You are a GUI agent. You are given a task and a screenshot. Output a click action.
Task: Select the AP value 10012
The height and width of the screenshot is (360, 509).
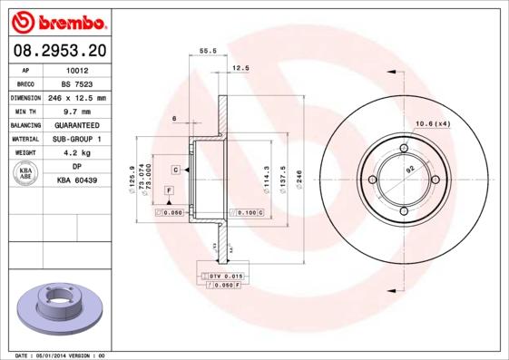[77, 70]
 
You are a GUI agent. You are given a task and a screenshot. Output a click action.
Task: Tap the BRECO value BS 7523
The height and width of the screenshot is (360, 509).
[77, 83]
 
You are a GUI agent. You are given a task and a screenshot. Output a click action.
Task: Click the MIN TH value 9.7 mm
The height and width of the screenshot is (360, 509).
[77, 112]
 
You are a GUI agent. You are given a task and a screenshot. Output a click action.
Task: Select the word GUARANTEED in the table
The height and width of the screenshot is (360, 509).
[77, 125]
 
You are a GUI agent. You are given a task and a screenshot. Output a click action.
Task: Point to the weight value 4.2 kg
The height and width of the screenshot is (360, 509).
[77, 153]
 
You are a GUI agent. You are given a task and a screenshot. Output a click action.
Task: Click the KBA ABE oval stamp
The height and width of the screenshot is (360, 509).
[26, 173]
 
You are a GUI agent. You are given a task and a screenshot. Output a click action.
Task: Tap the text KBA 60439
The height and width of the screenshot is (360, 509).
[77, 181]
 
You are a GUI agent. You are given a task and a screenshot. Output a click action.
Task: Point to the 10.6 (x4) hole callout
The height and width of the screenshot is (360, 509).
[433, 123]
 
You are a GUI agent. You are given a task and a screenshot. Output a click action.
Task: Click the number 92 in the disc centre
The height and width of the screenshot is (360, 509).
[409, 170]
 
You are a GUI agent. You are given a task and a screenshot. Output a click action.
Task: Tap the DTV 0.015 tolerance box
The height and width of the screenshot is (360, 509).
[223, 275]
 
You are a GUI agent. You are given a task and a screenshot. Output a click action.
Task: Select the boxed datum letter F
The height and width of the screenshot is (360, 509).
[168, 190]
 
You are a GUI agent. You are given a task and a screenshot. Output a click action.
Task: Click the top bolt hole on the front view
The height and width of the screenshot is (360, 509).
[404, 150]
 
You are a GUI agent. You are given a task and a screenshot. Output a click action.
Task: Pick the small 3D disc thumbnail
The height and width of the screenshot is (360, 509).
[57, 304]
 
